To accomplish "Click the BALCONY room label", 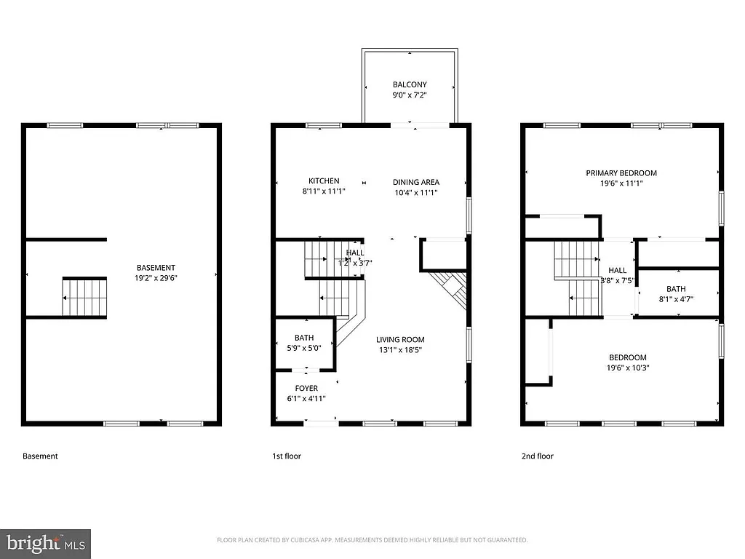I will pos(410,84).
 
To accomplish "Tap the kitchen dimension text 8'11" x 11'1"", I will pos(324,191).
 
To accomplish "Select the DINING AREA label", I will pos(416,182).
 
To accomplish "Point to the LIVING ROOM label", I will pos(400,339).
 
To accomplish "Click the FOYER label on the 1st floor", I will pos(306,388).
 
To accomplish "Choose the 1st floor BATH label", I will pos(304,338).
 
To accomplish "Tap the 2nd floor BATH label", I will pos(676,289).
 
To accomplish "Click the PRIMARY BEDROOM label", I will pos(621,173).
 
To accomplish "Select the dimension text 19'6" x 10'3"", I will pos(628,368).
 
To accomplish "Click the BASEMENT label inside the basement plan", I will pos(156,267).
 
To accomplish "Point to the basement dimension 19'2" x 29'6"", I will pos(156,277).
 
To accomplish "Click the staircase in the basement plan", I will pos(84,297).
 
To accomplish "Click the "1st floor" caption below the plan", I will pos(287,456).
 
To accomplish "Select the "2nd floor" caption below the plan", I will pos(537,456).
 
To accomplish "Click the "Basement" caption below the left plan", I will pos(40,456).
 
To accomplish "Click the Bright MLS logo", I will pos(46,542).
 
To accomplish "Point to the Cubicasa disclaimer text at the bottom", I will pos(372,540).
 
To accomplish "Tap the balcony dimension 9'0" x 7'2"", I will pos(410,95).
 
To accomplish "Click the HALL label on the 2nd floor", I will pos(617,270).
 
